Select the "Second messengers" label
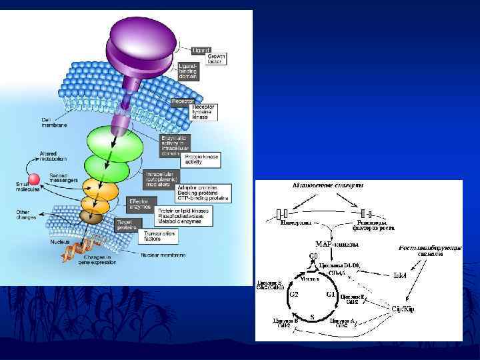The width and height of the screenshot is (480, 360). click(x=63, y=178)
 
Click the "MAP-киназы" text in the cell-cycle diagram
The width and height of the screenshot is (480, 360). click(x=335, y=243)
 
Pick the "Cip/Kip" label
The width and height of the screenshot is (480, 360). click(x=403, y=309)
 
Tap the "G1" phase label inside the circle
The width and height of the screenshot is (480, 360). click(x=329, y=294)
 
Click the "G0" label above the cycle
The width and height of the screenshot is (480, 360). click(x=312, y=255)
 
